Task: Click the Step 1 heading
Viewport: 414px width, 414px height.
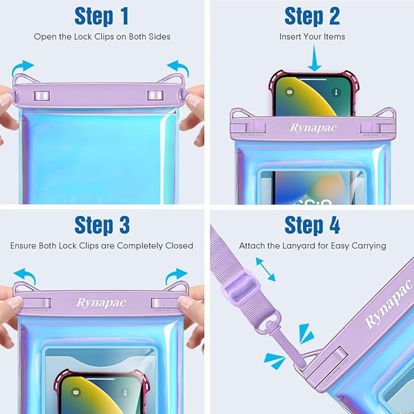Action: coord(102,16)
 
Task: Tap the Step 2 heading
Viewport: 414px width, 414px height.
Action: coord(312,16)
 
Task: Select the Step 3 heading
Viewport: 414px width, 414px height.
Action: coord(102,225)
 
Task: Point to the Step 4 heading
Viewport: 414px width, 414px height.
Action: coord(312,225)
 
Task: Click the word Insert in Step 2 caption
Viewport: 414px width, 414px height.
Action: coord(291,37)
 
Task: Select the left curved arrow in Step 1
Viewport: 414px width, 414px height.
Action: coord(24,66)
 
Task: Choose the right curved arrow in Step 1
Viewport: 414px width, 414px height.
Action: coord(179,66)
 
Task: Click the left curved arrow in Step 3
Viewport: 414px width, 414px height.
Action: coord(24,273)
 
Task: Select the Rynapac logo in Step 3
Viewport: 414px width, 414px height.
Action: coord(101,302)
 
